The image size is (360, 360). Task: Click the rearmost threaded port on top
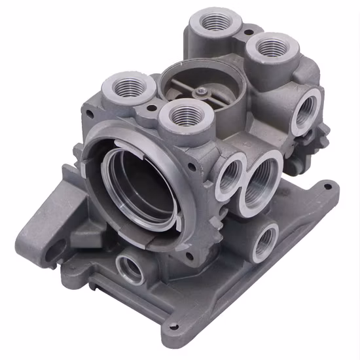click(212, 23)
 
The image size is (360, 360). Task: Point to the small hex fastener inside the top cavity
click(205, 92)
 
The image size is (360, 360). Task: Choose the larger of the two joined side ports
click(263, 179)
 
